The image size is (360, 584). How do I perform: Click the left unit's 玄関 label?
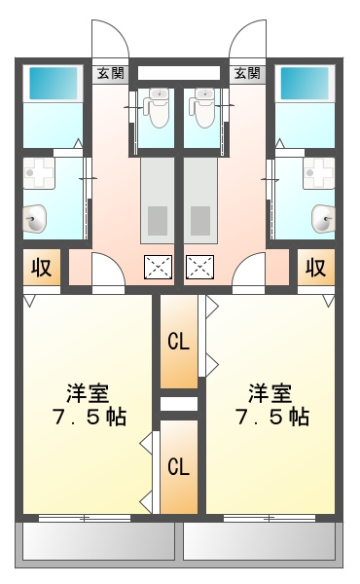click(110, 72)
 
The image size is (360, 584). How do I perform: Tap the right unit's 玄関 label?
click(247, 72)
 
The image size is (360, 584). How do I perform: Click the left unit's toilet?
click(157, 107)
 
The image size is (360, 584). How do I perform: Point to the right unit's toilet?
click(202, 107)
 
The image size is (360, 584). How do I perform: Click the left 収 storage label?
click(42, 267)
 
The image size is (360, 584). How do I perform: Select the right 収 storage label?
click(314, 267)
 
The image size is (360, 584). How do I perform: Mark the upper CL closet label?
click(178, 342)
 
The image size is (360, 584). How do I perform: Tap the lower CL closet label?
click(178, 467)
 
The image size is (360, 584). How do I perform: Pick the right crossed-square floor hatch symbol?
click(199, 267)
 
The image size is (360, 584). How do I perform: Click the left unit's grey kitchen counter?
click(157, 200)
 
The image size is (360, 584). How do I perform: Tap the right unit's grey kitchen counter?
click(201, 200)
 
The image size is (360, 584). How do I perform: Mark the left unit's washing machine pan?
click(42, 176)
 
